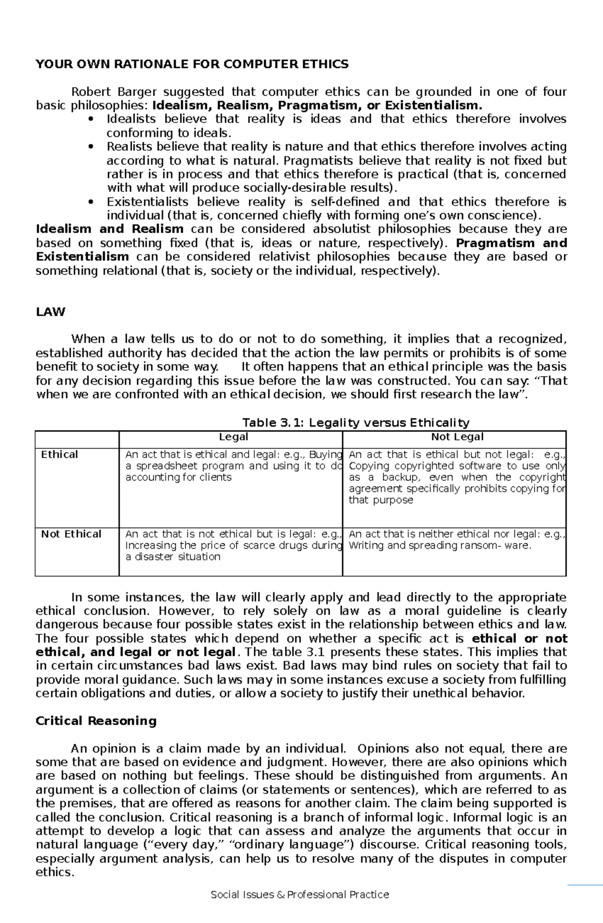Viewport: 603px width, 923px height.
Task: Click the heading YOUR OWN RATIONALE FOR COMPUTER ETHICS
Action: pos(192,64)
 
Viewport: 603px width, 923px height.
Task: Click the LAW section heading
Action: pos(51,312)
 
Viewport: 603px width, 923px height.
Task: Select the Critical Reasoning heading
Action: pos(96,721)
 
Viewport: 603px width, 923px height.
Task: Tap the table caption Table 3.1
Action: pos(355,423)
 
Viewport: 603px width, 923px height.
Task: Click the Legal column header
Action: pos(233,437)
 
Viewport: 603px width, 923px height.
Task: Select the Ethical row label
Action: pos(59,455)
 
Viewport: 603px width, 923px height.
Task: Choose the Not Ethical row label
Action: pos(71,534)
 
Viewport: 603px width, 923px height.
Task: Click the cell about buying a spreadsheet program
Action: pos(233,466)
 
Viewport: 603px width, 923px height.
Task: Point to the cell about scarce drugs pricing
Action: pos(233,546)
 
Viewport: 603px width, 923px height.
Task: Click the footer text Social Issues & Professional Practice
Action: pos(300,908)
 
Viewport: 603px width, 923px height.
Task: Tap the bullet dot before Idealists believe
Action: pos(90,120)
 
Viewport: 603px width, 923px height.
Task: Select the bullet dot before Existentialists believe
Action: pos(90,202)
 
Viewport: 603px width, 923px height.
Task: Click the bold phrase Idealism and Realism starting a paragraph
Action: pos(110,229)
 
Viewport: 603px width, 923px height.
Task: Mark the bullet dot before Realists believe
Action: pos(90,147)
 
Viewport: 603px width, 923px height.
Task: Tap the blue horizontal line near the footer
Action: pos(585,898)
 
